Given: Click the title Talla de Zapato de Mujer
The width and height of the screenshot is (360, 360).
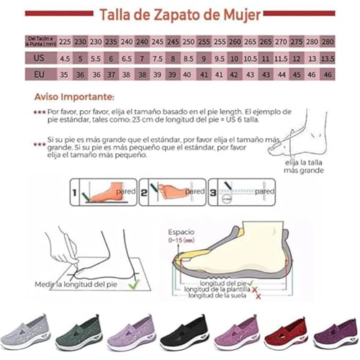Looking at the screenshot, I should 180,14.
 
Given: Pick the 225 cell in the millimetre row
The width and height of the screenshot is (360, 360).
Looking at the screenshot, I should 64,42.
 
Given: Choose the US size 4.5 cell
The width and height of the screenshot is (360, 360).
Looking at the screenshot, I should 64,58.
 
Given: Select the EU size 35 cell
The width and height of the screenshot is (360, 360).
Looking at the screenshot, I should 64,75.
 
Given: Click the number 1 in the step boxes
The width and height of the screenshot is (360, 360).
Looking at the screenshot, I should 75,192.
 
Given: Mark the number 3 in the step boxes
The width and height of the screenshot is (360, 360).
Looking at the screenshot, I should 213,192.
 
